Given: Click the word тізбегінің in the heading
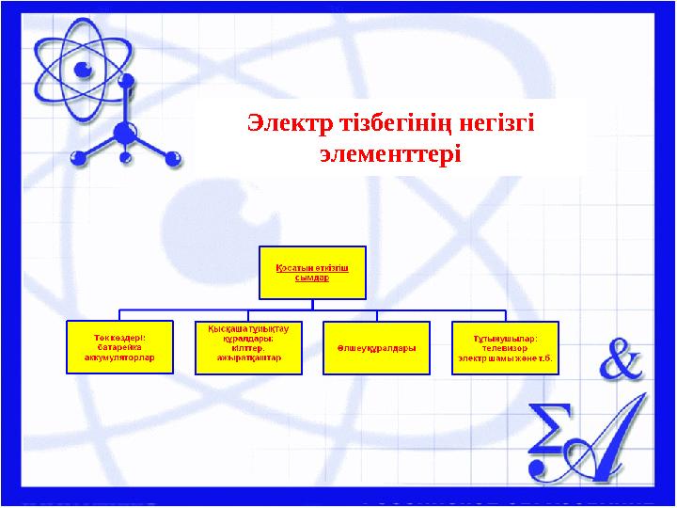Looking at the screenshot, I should pyautogui.click(x=393, y=123).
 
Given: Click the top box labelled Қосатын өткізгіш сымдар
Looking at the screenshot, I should pyautogui.click(x=313, y=272).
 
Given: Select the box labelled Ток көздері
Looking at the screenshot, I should pyautogui.click(x=119, y=346).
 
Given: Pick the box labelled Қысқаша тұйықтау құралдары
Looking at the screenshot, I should pyautogui.click(x=248, y=346).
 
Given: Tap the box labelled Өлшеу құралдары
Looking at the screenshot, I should pyautogui.click(x=376, y=347).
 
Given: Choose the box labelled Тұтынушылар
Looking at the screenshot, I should pyautogui.click(x=504, y=346).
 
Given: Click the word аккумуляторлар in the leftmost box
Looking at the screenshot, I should pyautogui.click(x=119, y=357).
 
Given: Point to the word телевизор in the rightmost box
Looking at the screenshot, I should pyautogui.click(x=505, y=347).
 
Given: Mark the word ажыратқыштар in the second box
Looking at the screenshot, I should pyautogui.click(x=248, y=358).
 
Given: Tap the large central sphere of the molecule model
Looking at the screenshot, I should pyautogui.click(x=125, y=134).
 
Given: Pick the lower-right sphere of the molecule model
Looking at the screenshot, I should pyautogui.click(x=171, y=161).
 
